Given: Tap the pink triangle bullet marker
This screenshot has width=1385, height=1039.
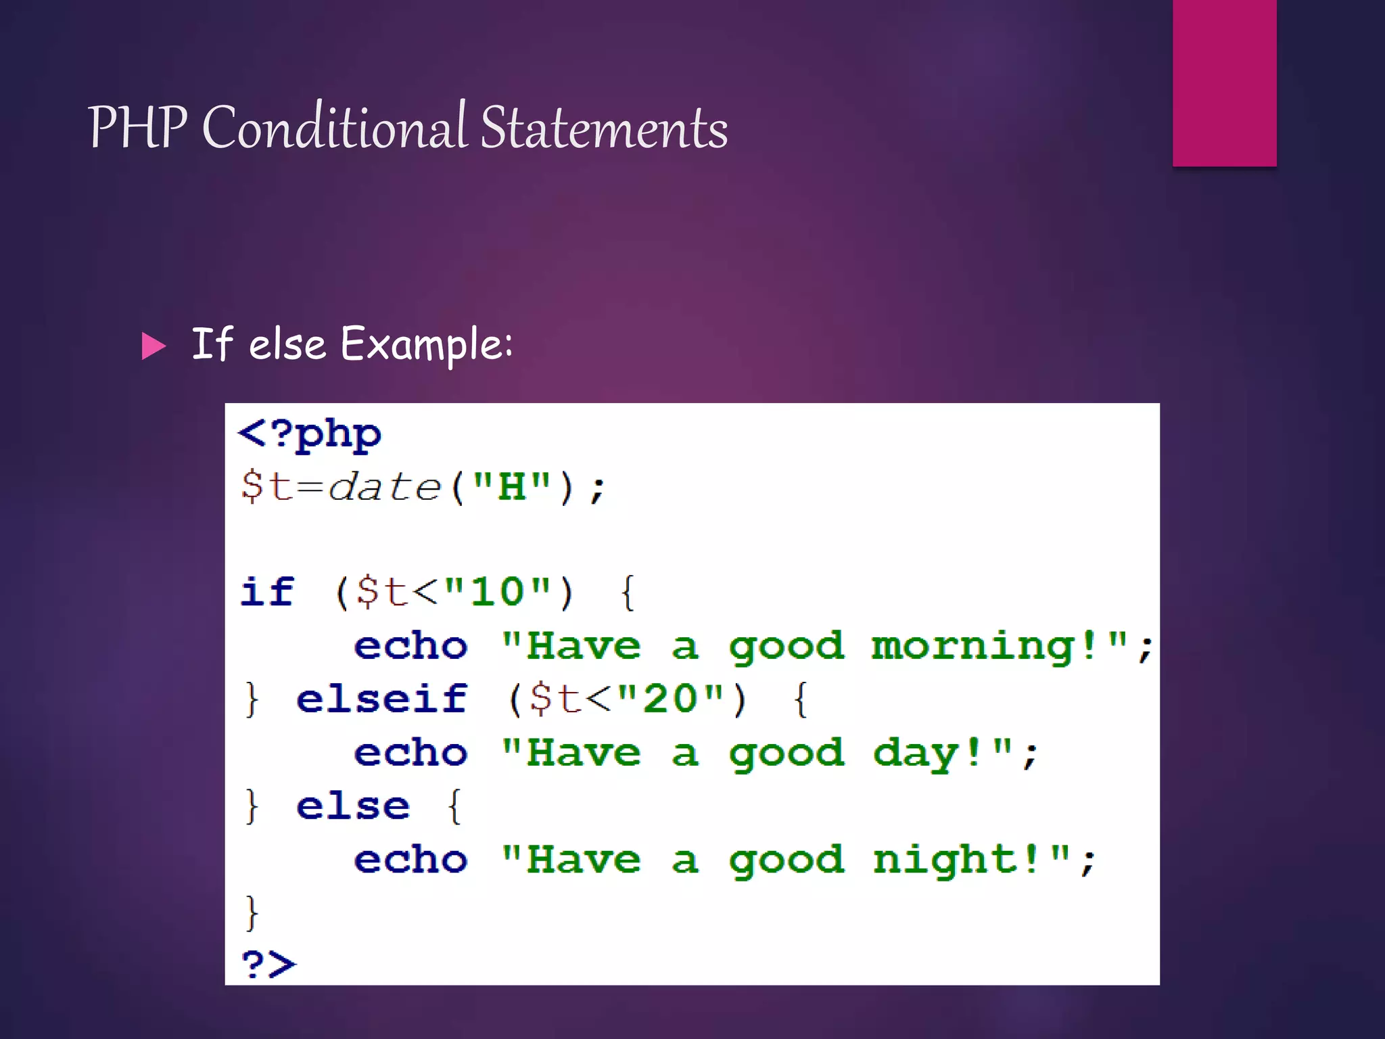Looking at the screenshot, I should click(154, 346).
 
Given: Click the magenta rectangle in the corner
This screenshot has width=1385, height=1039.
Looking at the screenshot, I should click(1224, 83).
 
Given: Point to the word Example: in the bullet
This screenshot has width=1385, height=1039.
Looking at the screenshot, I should click(426, 345).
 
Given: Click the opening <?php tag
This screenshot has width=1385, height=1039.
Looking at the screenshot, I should click(310, 434).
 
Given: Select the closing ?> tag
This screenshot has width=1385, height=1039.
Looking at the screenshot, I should click(268, 963).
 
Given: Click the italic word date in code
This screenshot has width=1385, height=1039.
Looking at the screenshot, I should click(384, 487).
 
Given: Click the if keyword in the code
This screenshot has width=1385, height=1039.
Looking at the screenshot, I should click(268, 592).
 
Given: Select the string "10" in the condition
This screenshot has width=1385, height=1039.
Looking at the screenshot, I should click(498, 592).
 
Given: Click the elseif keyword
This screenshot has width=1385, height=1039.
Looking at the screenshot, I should click(381, 699).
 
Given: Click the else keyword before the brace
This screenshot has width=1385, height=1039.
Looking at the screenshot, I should click(353, 806).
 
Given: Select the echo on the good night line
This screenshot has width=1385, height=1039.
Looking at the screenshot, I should click(410, 860).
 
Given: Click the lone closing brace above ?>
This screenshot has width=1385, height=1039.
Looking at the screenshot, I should click(252, 913).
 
